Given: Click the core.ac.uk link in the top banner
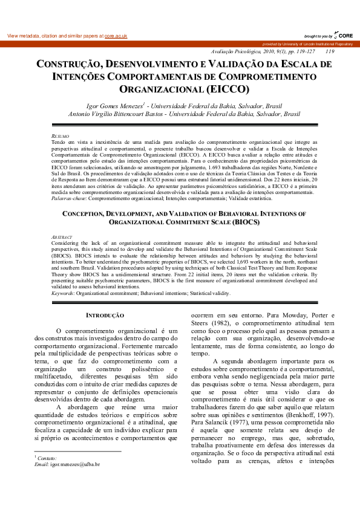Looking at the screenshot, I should pos(116,36).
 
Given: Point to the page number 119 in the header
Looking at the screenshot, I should pos(330,51).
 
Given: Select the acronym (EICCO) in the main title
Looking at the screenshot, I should pos(228,89).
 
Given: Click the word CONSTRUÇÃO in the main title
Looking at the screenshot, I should pos(67,64).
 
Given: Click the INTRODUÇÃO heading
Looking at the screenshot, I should pos(105,316).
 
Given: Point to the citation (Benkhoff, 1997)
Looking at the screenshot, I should pos(302,417).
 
